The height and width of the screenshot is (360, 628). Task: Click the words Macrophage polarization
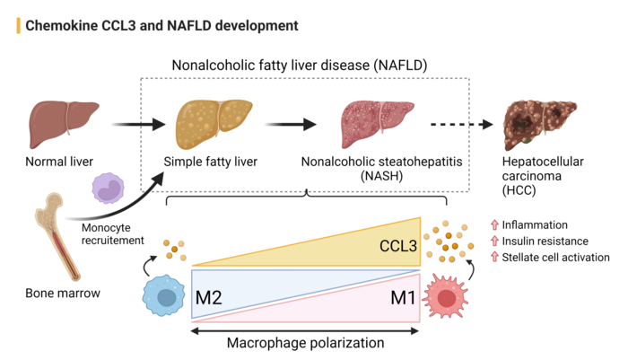coord(306,343)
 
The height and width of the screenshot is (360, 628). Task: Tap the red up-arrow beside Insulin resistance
coord(494,241)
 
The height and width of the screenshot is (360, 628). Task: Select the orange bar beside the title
coord(19,25)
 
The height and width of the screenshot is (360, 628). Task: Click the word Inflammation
coord(535,224)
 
